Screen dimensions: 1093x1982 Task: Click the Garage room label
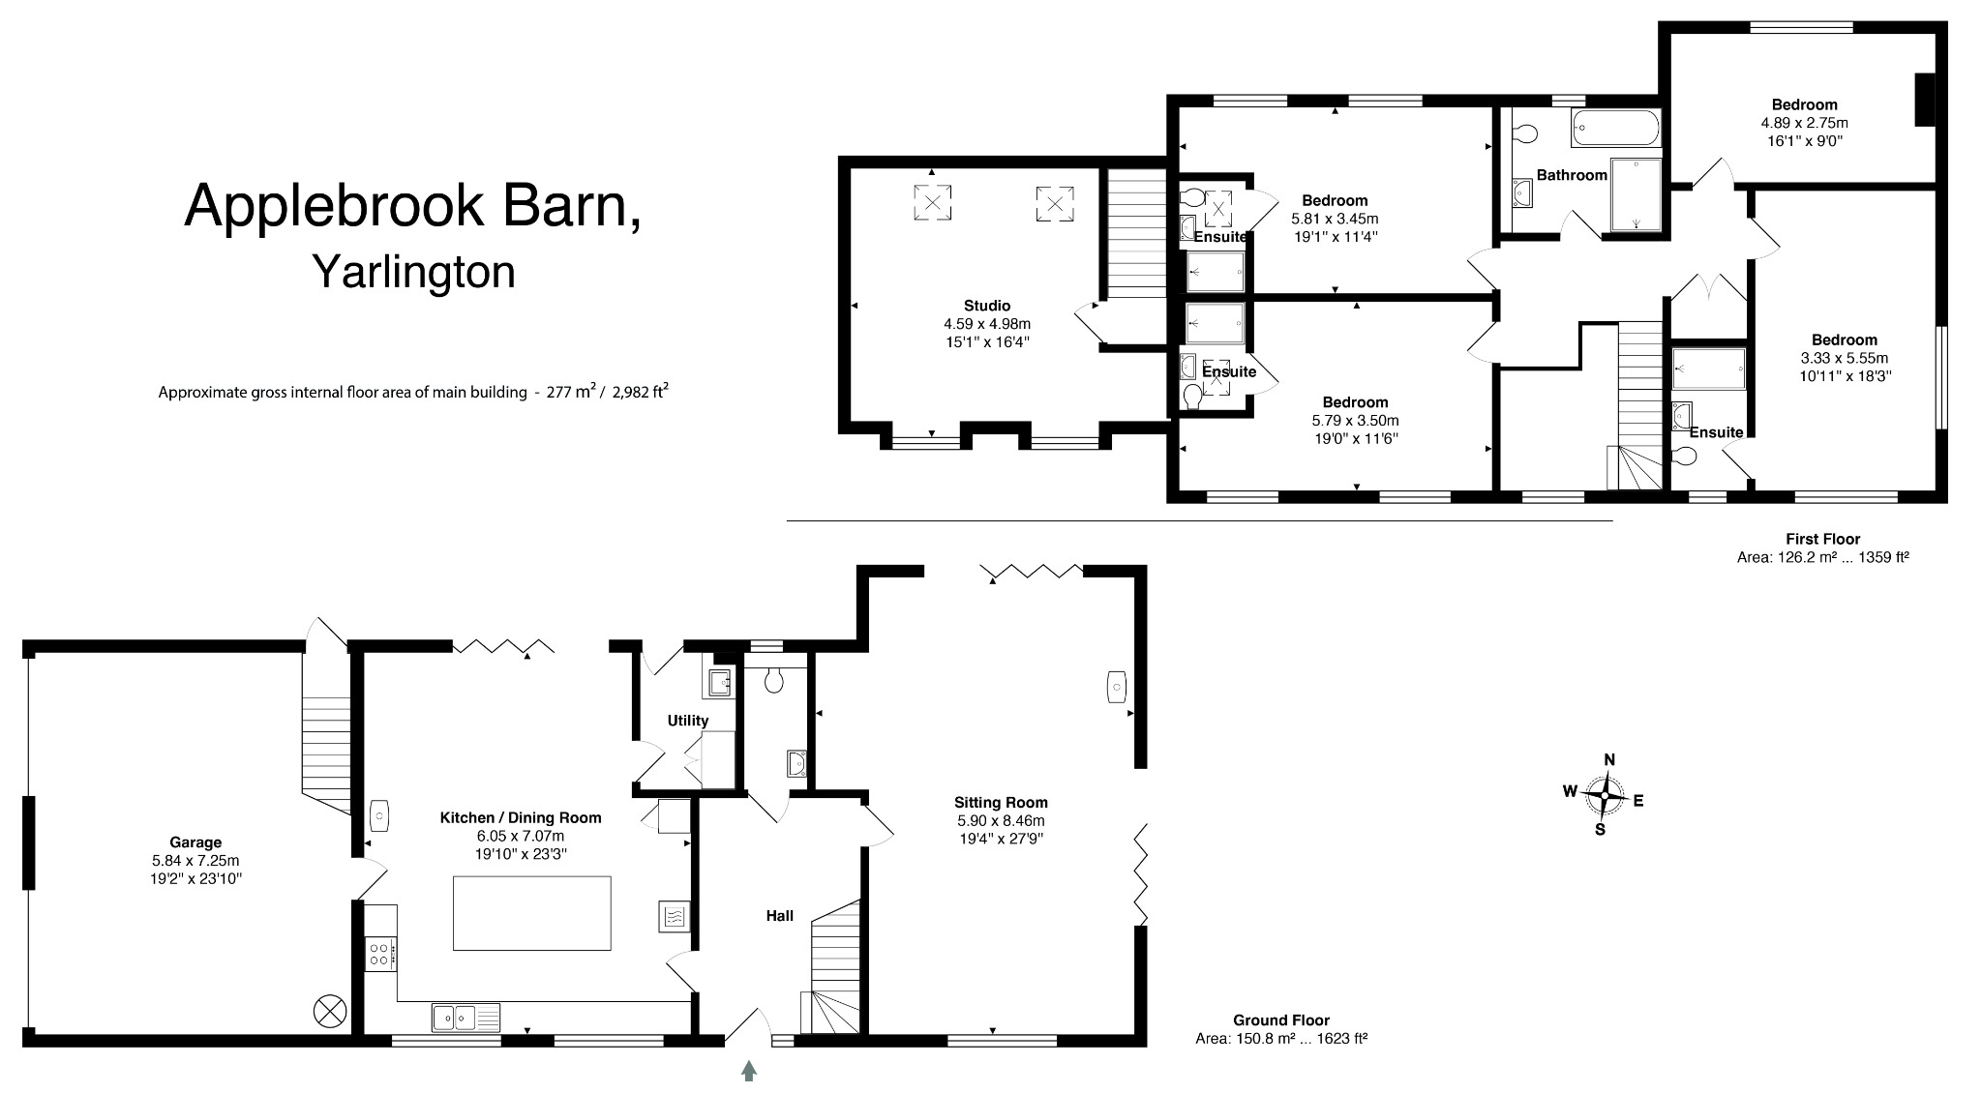(x=195, y=842)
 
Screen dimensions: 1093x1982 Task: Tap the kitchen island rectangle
(x=532, y=913)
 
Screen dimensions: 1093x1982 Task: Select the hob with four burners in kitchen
(x=380, y=955)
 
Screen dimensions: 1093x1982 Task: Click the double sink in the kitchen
(x=454, y=1017)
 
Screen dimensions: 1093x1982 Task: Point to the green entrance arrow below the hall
(x=749, y=1070)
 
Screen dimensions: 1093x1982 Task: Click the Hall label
(x=780, y=916)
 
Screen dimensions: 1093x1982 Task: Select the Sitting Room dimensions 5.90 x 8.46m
(x=1001, y=820)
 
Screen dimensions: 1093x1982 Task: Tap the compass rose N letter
(x=1610, y=760)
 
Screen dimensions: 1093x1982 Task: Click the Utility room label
(x=688, y=721)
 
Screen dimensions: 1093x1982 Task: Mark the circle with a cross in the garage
(x=329, y=1013)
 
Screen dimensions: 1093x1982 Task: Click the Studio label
(x=987, y=306)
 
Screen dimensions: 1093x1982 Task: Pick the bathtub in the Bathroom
(x=1615, y=127)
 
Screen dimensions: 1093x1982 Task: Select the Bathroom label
(x=1572, y=175)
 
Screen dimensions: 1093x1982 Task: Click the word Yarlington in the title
(x=413, y=273)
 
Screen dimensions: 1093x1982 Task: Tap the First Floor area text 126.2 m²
(x=1822, y=558)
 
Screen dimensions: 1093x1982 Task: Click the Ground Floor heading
(x=1280, y=1020)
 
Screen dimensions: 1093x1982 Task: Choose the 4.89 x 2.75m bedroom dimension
(x=1804, y=123)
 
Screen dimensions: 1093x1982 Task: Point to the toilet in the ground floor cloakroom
(x=773, y=682)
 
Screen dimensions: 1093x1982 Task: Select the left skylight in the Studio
(x=932, y=203)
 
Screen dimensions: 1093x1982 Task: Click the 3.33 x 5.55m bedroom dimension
(x=1844, y=358)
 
